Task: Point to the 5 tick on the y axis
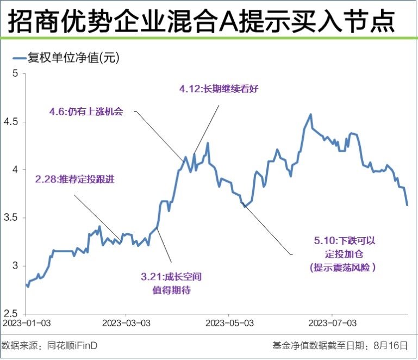[x=15, y=74]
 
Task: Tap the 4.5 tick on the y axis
[x=12, y=122]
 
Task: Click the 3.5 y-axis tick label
[x=12, y=218]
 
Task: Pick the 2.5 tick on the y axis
[x=12, y=314]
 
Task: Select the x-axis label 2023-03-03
[x=125, y=323]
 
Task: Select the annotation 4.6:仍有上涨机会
[x=86, y=113]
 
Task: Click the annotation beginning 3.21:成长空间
[x=171, y=277]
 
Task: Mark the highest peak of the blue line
[x=310, y=114]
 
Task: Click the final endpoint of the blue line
[x=407, y=205]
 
